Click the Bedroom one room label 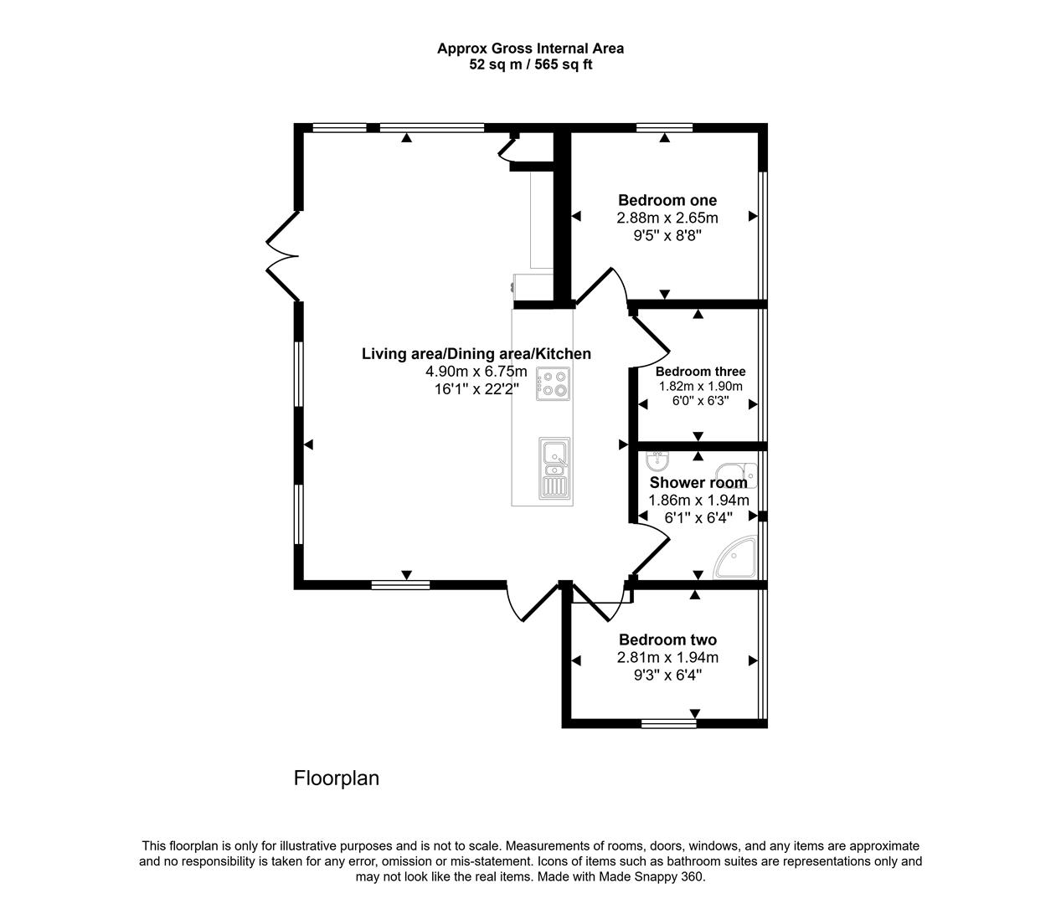coord(667,200)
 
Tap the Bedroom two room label coord(667,640)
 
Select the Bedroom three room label coord(700,372)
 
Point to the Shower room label coord(698,483)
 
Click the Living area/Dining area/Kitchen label coord(476,354)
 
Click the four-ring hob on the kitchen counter coord(553,383)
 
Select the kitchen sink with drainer coord(554,468)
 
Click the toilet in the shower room coord(739,475)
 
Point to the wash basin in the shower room coord(658,460)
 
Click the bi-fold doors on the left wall coord(283,255)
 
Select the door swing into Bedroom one coord(608,290)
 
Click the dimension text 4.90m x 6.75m coord(476,372)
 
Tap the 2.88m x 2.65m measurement coord(667,218)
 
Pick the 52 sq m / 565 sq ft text coord(530,64)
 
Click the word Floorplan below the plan coord(336,778)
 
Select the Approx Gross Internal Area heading coord(530,49)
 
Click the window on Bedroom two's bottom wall coord(668,723)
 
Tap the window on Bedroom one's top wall coord(664,128)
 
